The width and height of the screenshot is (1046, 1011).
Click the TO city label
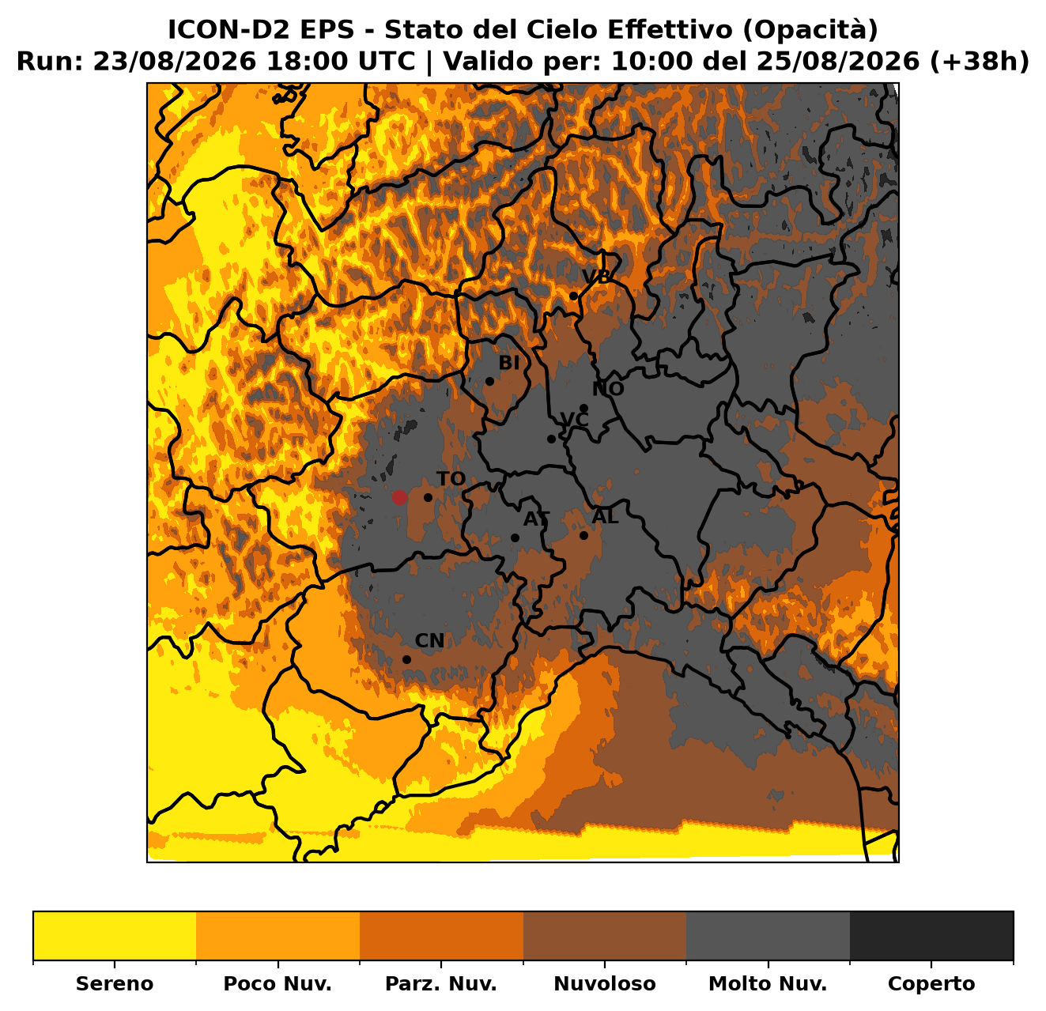451,479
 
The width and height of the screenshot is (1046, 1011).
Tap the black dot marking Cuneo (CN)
407,659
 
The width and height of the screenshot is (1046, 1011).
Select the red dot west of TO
399,497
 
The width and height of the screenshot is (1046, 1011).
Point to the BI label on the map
509,364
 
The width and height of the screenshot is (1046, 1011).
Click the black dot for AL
583,535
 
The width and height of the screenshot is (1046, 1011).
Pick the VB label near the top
596,277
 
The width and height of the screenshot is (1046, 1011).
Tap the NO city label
608,389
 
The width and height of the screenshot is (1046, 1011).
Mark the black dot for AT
515,538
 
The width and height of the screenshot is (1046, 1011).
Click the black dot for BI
489,382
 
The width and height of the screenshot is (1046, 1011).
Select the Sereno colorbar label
115,984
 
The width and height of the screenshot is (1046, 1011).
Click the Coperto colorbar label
931,984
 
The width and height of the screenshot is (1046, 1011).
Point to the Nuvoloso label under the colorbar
605,984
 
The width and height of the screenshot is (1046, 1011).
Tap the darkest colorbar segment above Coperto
931,936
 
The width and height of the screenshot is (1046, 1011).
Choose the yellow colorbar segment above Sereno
115,936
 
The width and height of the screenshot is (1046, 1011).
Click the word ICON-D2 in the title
230,29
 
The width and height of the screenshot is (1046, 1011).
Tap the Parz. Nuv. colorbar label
441,984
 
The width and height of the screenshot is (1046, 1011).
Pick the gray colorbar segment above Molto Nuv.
768,936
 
